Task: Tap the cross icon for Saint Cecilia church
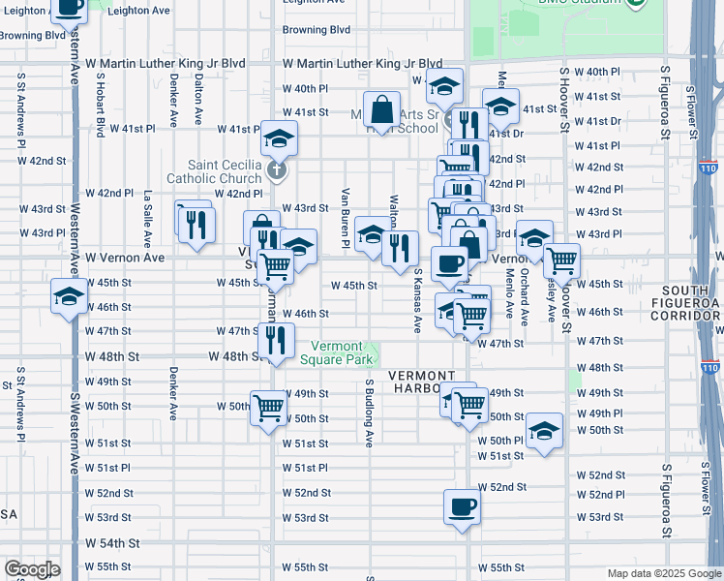click(277, 171)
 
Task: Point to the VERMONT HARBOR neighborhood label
click(422, 382)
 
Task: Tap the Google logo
click(32, 569)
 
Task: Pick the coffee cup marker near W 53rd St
click(462, 505)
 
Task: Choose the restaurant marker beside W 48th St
click(276, 340)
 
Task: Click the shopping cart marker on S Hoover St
click(560, 260)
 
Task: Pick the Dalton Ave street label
click(197, 101)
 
